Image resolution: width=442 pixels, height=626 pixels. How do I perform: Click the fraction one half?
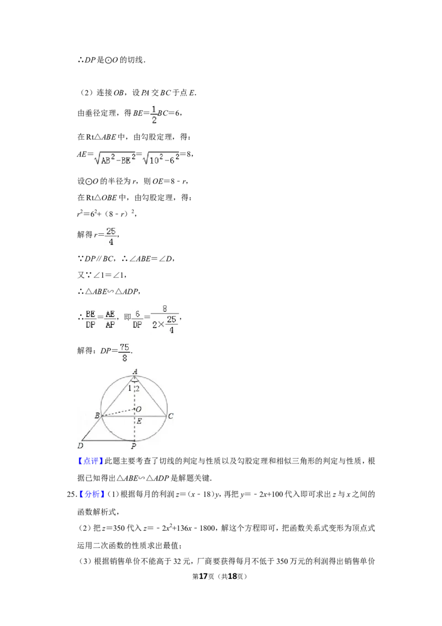coord(152,115)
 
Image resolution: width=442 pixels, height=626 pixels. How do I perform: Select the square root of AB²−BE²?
coord(115,160)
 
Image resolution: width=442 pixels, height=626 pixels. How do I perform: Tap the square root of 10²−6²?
coord(161,160)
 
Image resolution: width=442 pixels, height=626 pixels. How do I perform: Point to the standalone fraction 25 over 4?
coord(111,237)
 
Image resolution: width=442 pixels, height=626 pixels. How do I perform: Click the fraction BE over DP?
coord(90,319)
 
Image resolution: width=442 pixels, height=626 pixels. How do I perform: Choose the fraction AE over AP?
coord(110,319)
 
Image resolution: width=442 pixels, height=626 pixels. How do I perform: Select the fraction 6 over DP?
coord(138,319)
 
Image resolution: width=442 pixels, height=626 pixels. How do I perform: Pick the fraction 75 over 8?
coord(124,352)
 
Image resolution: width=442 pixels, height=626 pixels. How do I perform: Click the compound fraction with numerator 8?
coord(166,319)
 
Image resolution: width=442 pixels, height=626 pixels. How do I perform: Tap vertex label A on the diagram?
coord(135,372)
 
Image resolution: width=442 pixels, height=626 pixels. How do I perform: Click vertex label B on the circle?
coord(97,415)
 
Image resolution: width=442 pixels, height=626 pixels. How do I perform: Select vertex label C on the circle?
coord(171,416)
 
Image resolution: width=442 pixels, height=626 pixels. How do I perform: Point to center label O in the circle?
coord(139,409)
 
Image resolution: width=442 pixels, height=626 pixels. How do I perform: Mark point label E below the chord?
coord(139,421)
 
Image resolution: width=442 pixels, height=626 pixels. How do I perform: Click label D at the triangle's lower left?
coord(80,445)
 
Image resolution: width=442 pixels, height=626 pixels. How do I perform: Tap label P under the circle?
coord(134,446)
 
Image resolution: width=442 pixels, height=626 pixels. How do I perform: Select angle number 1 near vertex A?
coord(129,388)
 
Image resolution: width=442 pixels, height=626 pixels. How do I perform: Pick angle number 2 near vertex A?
coord(138,388)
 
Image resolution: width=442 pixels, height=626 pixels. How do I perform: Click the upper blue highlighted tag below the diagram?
coord(90,461)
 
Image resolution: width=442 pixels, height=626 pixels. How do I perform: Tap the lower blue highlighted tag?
coord(92,494)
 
